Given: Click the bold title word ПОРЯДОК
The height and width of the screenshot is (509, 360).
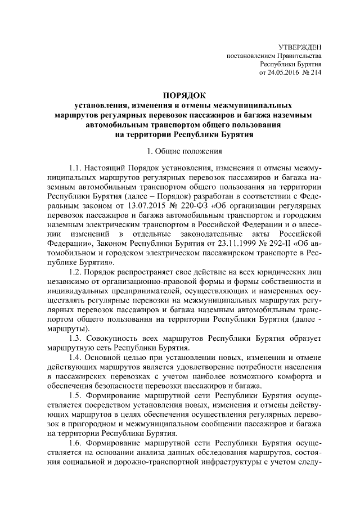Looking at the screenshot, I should [181, 95].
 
